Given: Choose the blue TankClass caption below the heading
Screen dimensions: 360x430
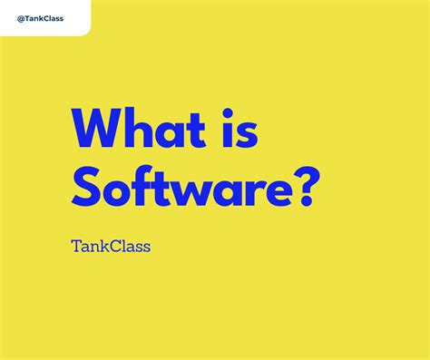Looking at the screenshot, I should [x=111, y=246].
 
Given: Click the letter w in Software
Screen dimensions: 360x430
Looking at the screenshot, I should [x=192, y=194].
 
